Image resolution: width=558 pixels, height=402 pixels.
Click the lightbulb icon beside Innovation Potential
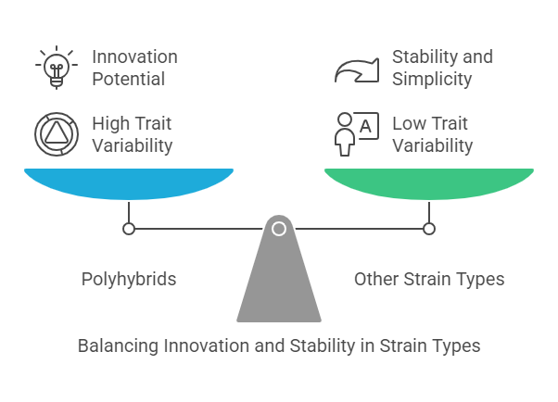(55, 67)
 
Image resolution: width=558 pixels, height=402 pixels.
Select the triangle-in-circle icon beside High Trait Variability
(55, 134)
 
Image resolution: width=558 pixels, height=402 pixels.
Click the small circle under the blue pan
(129, 228)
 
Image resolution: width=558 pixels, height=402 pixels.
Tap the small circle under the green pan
(428, 228)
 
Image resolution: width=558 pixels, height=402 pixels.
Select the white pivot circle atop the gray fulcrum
(279, 228)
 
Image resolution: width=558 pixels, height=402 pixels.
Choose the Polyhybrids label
(129, 279)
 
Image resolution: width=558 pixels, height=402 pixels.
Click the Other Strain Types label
(429, 279)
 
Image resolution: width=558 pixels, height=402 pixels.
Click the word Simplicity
(432, 79)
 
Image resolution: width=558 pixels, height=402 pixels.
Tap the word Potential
(128, 79)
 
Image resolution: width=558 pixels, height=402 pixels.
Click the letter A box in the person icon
(366, 125)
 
